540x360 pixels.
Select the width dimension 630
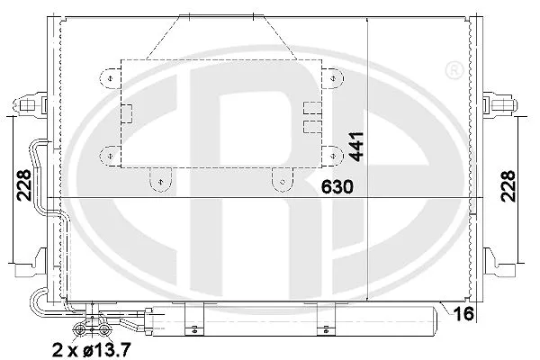pos(335,186)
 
